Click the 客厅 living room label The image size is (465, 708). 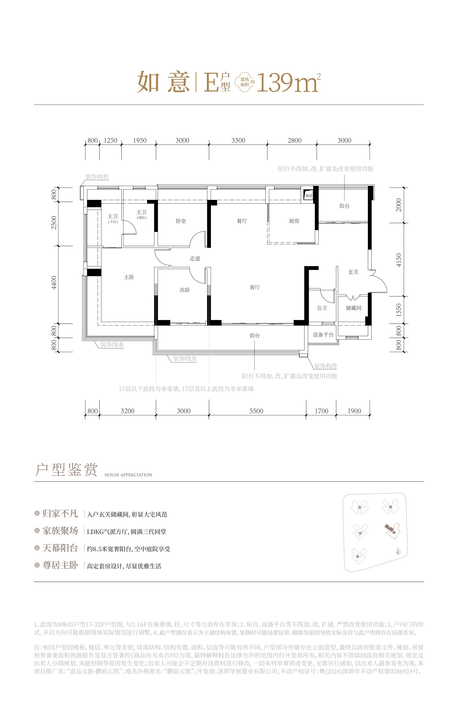pyautogui.click(x=255, y=287)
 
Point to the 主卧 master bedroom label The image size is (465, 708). pyautogui.click(x=129, y=277)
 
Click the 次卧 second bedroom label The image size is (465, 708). pyautogui.click(x=184, y=290)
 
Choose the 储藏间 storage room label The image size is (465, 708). pyautogui.click(x=353, y=308)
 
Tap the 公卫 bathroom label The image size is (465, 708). pyautogui.click(x=322, y=308)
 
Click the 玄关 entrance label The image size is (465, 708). pyautogui.click(x=353, y=272)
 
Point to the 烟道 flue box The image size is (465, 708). pyautogui.click(x=309, y=196)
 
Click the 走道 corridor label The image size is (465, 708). pyautogui.click(x=195, y=259)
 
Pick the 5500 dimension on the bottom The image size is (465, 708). pyautogui.click(x=256, y=411)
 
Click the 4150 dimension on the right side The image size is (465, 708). pyautogui.click(x=399, y=260)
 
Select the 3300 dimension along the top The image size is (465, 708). pyautogui.click(x=238, y=140)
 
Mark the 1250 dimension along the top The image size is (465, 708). pyautogui.click(x=110, y=140)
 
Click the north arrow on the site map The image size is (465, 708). pyautogui.click(x=398, y=551)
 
